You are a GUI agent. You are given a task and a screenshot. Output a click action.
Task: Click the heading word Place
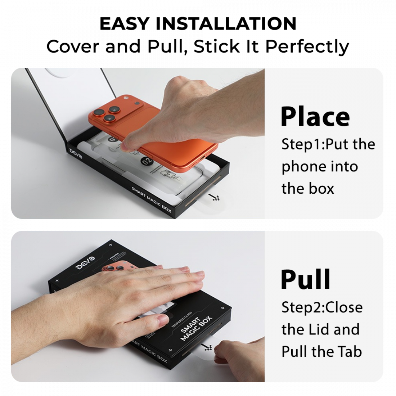pos(315,116)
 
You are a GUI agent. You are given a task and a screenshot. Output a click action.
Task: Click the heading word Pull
pos(305,279)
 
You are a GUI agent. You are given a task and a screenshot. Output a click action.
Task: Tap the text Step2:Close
pos(322,307)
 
